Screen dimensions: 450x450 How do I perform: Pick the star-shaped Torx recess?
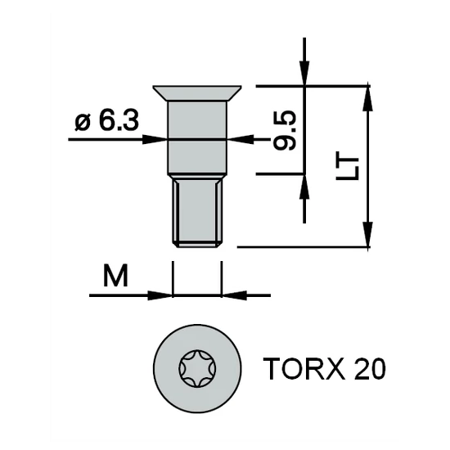(x=197, y=368)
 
